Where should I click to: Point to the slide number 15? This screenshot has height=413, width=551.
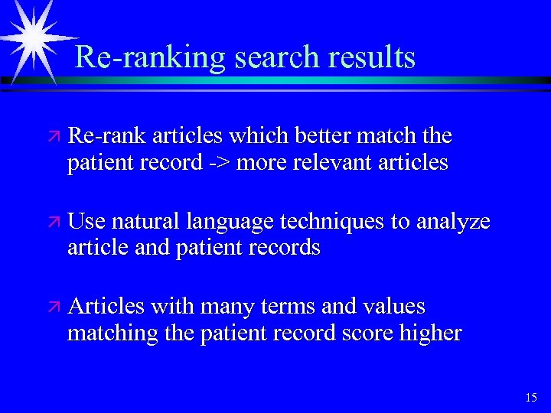tap(531, 397)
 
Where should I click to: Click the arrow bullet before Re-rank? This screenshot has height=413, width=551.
tap(54, 137)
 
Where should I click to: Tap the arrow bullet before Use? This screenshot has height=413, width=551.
tap(54, 222)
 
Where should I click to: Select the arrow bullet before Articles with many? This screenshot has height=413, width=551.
tap(54, 307)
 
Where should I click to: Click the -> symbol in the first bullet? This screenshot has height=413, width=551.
tap(220, 163)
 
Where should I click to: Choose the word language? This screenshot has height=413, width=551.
tap(230, 223)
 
